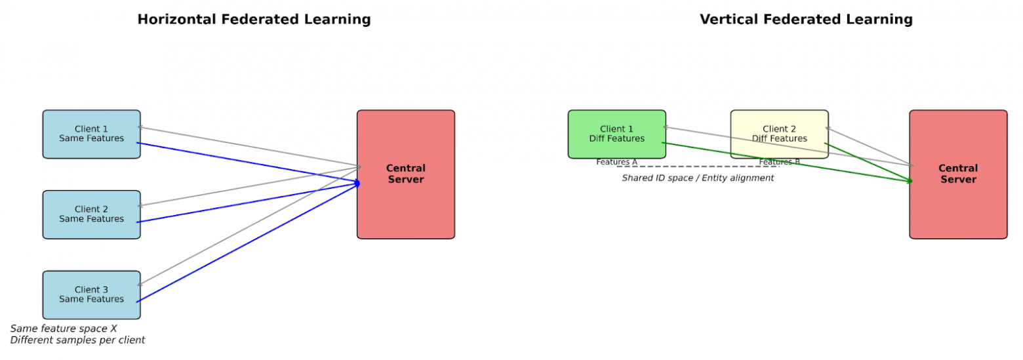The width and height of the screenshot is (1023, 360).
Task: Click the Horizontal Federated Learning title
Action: click(x=254, y=20)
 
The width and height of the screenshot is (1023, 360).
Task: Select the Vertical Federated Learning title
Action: click(x=805, y=20)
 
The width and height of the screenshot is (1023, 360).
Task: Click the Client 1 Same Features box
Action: click(x=91, y=134)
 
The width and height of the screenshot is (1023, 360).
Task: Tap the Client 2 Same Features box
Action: click(x=91, y=214)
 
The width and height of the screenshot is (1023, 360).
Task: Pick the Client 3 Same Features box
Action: click(x=91, y=294)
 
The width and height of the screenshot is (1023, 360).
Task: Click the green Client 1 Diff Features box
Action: click(x=616, y=134)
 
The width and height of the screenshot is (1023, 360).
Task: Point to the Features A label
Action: click(x=616, y=162)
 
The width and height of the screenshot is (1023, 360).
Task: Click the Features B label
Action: click(x=779, y=162)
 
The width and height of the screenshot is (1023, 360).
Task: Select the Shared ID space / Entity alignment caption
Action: click(x=697, y=178)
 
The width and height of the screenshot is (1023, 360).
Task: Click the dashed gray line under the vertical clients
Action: click(x=697, y=167)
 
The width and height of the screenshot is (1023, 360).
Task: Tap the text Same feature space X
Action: click(x=64, y=329)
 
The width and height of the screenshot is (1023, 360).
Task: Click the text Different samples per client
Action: click(x=77, y=340)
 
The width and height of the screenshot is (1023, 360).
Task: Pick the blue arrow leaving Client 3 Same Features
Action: click(x=249, y=243)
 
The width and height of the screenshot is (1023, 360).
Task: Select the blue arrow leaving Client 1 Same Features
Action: click(x=249, y=163)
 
